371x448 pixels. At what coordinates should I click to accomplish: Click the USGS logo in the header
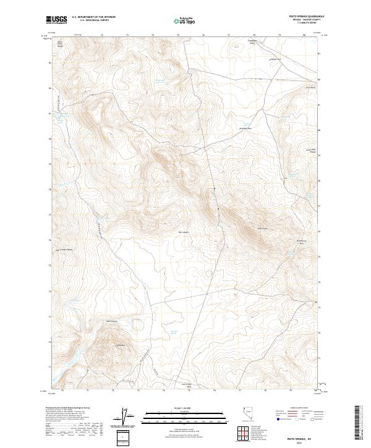[x=57, y=20]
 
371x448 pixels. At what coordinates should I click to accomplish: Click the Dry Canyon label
[x=183, y=234]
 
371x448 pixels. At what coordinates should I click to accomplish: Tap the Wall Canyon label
[x=112, y=321]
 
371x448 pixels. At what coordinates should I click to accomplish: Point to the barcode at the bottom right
[x=359, y=422]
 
